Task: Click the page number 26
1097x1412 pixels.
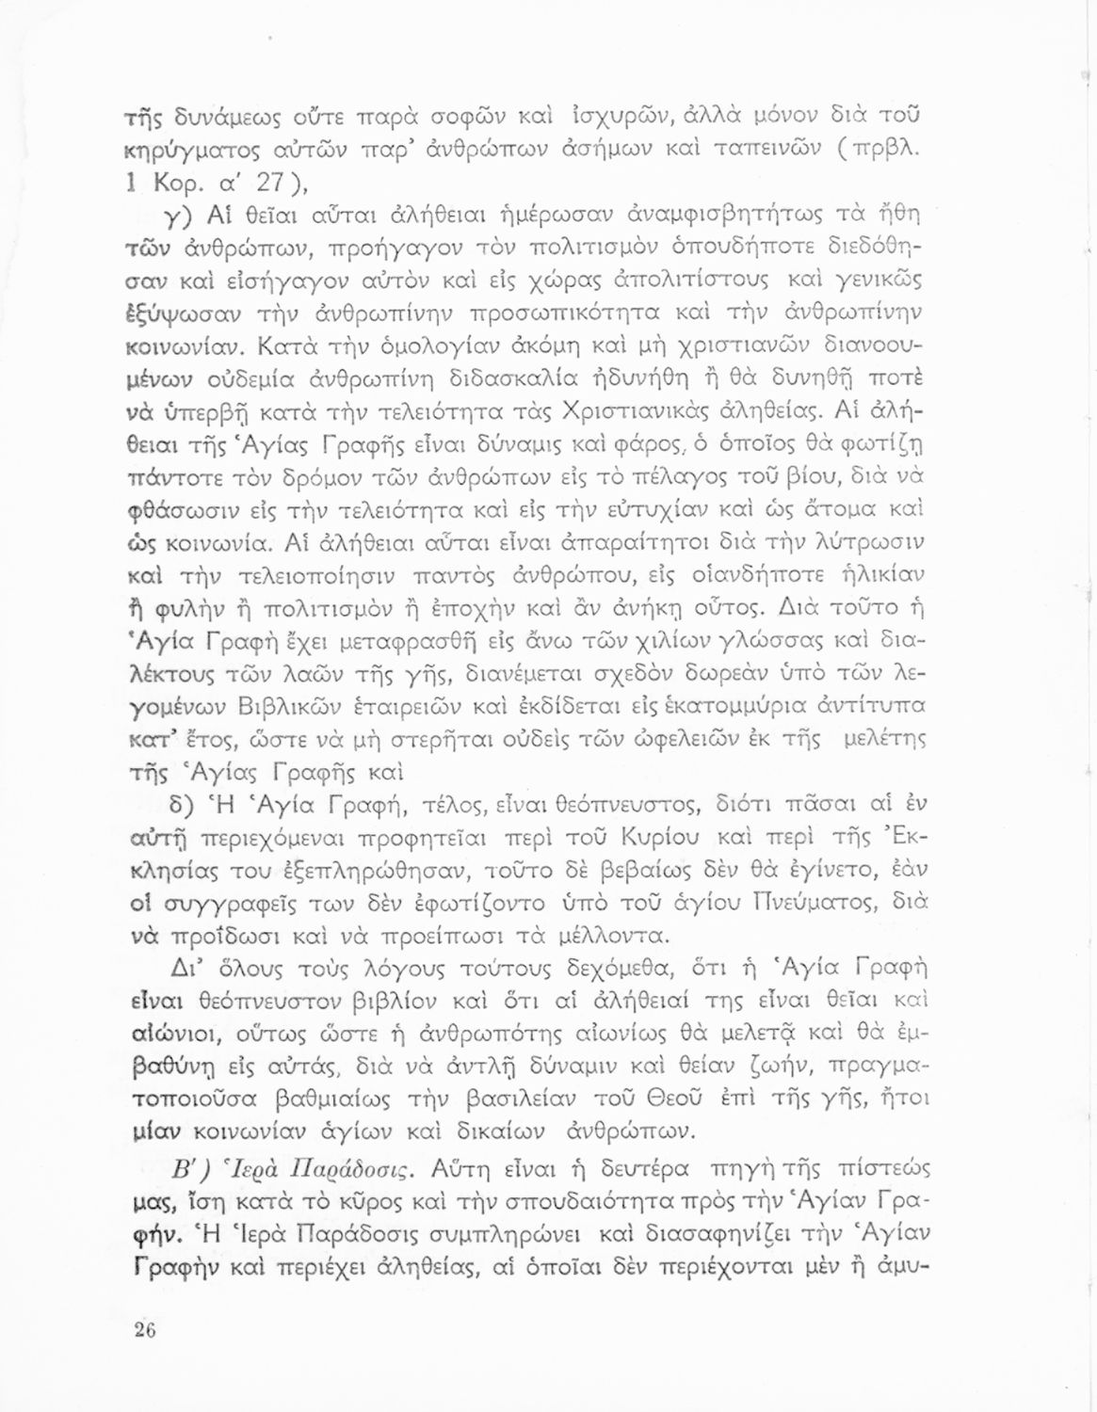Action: [x=144, y=1331]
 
